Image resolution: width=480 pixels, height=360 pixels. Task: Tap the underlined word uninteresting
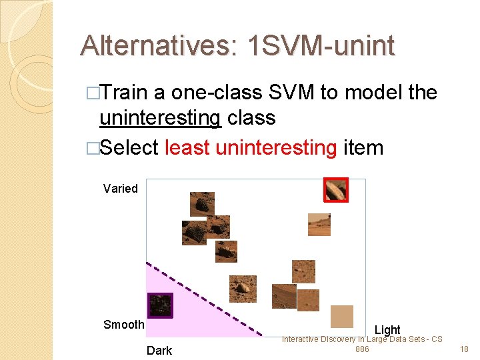click(160, 118)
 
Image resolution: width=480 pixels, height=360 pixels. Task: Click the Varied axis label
click(121, 189)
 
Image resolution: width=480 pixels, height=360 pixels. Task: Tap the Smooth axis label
click(124, 325)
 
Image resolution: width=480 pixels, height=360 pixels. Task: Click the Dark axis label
click(159, 351)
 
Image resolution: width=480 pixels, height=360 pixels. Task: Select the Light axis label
click(387, 330)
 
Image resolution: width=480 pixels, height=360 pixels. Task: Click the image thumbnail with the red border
click(335, 190)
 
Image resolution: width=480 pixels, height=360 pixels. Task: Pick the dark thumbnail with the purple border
click(159, 305)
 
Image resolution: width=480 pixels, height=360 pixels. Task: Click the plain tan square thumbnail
click(342, 316)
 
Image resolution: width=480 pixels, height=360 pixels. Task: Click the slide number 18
click(465, 349)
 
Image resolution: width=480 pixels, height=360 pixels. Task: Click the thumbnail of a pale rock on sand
click(242, 288)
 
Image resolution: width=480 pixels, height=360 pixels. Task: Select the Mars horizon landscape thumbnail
click(319, 225)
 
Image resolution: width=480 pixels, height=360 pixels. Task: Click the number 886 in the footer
click(362, 349)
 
